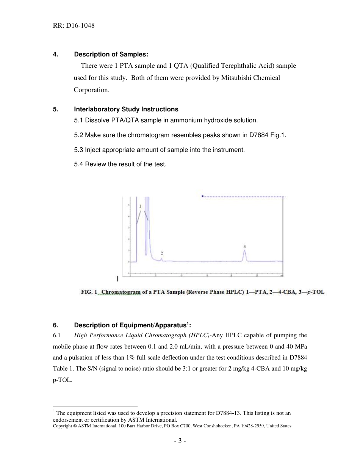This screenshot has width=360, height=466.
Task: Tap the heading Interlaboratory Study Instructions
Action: pyautogui.click(x=126, y=109)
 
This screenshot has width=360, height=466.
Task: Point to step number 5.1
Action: pyautogui.click(x=78, y=120)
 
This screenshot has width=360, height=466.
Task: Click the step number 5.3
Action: pyautogui.click(x=78, y=150)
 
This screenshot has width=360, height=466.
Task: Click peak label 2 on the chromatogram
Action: pyautogui.click(x=162, y=253)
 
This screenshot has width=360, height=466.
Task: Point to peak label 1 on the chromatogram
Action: pyautogui.click(x=140, y=206)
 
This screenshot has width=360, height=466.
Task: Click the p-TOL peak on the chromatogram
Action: pyautogui.click(x=245, y=255)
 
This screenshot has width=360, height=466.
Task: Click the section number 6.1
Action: pyautogui.click(x=57, y=335)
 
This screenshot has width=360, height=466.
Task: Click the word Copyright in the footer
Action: pyautogui.click(x=62, y=426)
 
